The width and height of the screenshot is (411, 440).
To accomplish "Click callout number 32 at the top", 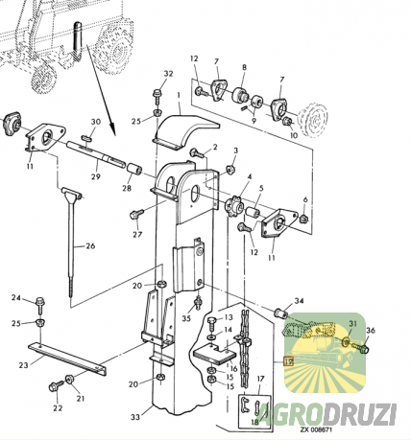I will [x=169, y=74].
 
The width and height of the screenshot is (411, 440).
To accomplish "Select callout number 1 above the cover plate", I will [x=179, y=96].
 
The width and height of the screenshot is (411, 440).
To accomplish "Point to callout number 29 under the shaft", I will [x=96, y=177].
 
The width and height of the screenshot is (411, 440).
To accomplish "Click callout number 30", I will [x=95, y=122].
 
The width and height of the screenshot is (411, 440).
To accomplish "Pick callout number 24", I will [x=15, y=299].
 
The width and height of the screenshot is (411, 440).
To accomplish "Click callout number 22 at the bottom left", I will [x=57, y=408].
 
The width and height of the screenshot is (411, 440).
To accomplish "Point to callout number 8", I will [x=243, y=68].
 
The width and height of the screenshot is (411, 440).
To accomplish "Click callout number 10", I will [x=294, y=135].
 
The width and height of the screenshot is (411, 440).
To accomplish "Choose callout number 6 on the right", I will [x=305, y=199].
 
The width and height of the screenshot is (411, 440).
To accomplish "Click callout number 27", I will [x=137, y=234].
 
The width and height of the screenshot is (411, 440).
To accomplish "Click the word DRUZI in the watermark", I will [x=365, y=414].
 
